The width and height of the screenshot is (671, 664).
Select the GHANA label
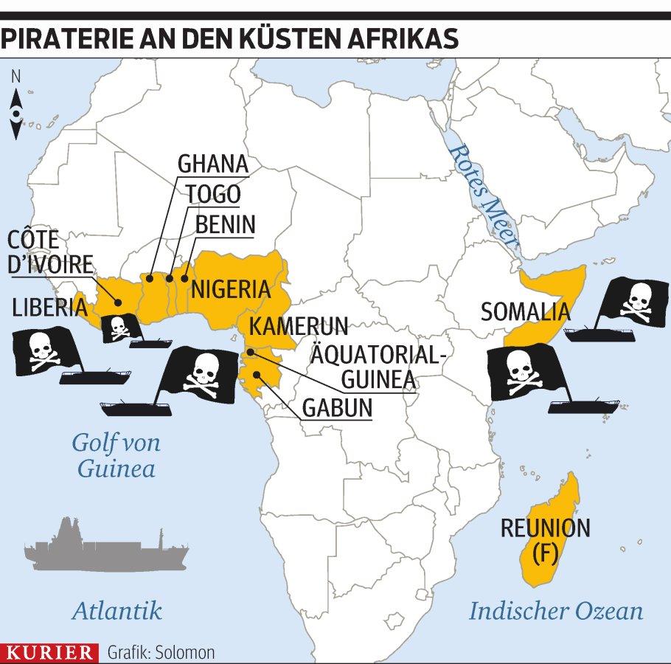213,163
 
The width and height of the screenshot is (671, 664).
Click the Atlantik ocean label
117,610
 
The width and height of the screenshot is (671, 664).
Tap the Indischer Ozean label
556,611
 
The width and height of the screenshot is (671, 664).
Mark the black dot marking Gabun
256,375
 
